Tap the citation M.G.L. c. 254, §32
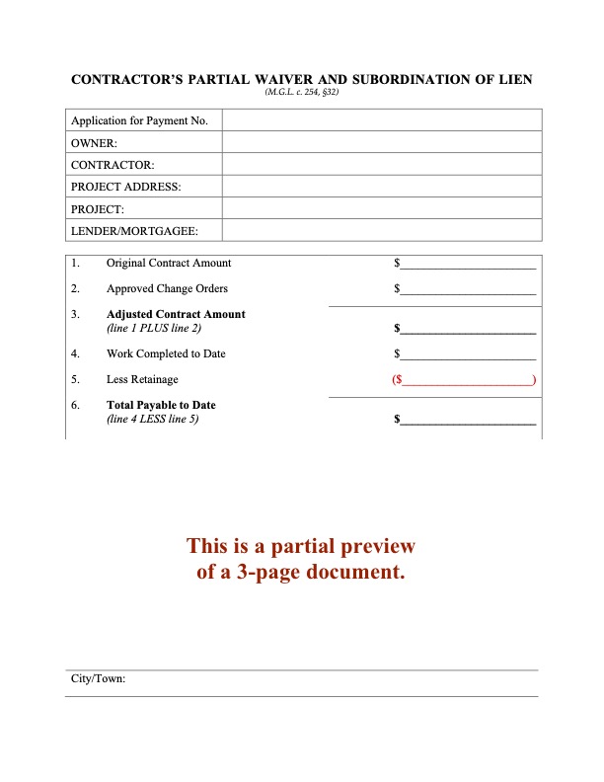[x=301, y=92]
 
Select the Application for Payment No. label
[x=139, y=120]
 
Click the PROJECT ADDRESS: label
[x=125, y=186]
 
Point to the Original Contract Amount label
[x=169, y=263]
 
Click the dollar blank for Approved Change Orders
[x=467, y=289]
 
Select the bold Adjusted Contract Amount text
[x=176, y=314]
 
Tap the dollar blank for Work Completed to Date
[x=467, y=353]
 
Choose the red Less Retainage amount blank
[x=465, y=379]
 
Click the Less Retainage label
[x=142, y=379]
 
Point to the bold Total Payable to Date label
[x=161, y=405]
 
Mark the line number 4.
[x=75, y=353]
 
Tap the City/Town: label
[x=98, y=679]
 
